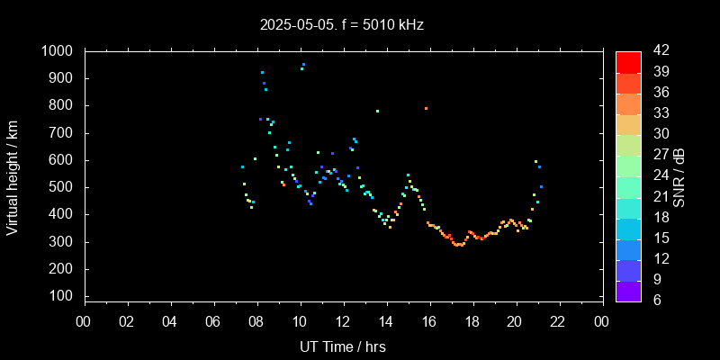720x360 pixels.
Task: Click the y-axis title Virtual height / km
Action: point(13,175)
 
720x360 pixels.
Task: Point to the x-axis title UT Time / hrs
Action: point(343,346)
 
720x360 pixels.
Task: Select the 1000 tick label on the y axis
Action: point(59,51)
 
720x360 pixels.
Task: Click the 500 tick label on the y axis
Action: point(64,187)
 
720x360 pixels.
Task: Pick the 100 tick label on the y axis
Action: point(64,297)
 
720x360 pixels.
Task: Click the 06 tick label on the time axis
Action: point(213,321)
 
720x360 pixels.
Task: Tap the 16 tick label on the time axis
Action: point(429,321)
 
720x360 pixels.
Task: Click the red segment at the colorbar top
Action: point(628,61)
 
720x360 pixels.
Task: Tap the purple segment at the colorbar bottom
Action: point(628,290)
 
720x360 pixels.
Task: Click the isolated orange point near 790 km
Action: point(426,108)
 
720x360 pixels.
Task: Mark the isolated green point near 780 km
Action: point(377,111)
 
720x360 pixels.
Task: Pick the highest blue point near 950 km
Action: point(303,64)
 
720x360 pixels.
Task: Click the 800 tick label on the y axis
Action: point(64,105)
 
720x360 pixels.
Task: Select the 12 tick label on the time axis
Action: point(343,321)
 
